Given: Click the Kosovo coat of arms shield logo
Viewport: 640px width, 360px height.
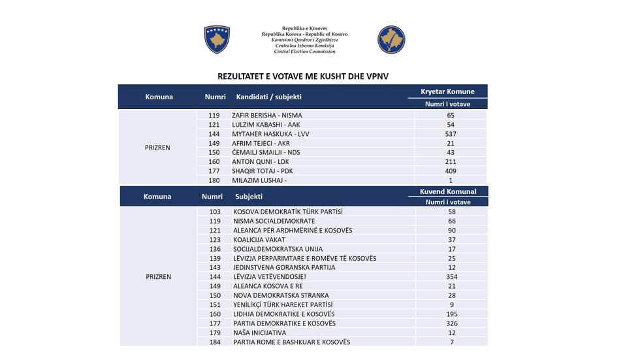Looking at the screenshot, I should [217, 39].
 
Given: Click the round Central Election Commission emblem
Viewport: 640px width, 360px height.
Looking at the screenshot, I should [391, 39].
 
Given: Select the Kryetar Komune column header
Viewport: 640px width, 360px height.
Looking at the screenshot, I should [447, 91].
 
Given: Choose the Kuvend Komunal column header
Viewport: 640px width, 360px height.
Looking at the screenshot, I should [447, 191].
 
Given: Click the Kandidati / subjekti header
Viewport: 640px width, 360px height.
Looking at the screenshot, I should [269, 97].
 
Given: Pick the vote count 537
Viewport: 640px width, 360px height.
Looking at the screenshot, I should [450, 134].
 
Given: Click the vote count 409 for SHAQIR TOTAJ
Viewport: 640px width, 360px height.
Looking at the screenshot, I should [450, 171].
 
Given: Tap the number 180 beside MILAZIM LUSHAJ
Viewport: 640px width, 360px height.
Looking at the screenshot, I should [214, 180].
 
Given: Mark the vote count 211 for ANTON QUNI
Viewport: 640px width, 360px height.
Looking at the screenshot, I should [450, 162].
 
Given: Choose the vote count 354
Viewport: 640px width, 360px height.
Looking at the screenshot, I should [451, 277].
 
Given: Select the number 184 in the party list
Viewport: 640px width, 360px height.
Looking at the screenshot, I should [215, 342].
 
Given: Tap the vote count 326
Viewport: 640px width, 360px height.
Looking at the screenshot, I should [451, 323].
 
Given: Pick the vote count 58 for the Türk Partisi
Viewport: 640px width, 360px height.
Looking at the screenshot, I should [451, 212].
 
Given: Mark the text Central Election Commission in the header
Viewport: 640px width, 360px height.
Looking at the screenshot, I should [304, 51].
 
